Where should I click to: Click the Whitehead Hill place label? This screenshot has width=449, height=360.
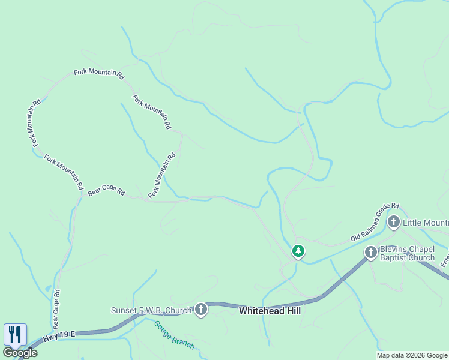pos(270,311)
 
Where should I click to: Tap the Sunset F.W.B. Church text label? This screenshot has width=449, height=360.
pos(151,310)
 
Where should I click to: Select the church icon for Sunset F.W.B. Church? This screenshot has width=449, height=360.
pos(201,310)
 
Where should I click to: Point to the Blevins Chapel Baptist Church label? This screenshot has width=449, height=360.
pos(407,253)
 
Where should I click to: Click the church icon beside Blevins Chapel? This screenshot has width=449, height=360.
pos(371,253)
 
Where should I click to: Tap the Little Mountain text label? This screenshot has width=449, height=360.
pos(425,223)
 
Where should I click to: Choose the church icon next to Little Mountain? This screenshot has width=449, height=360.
pos(394,223)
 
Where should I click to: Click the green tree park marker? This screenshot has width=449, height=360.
pos(298,251)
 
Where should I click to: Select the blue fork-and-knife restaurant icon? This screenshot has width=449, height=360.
pos(16,334)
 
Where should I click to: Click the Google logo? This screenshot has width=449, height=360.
pos(20,353)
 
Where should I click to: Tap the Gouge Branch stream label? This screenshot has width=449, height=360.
pos(175,335)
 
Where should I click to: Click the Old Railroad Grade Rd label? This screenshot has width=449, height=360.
pos(375,222)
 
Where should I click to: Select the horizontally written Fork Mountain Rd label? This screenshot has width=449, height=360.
pos(98,74)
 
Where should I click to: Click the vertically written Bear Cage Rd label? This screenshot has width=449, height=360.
pos(56,309)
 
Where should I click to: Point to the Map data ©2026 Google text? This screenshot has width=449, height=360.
pos(412,355)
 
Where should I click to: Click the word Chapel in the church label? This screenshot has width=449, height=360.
pos(418,248)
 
